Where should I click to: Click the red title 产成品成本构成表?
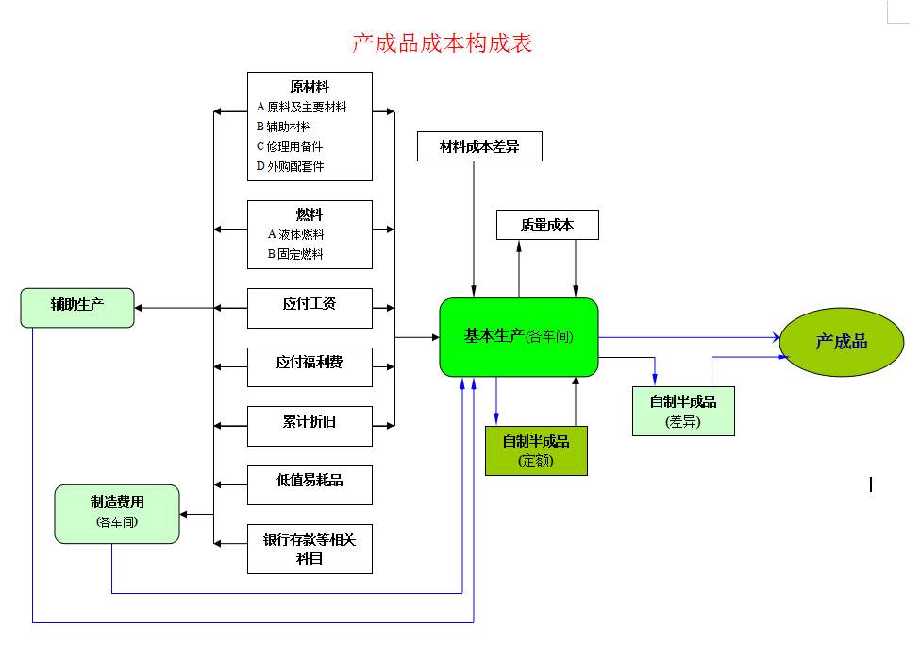coord(443,43)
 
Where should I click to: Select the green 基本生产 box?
coord(519,337)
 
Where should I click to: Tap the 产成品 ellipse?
coord(841,342)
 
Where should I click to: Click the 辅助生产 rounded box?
coord(77,307)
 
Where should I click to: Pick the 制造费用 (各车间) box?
coord(117,513)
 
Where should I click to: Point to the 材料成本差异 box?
coord(479,146)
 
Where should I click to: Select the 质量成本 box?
coord(547,225)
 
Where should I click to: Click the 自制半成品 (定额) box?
coord(536,450)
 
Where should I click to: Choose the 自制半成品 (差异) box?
coord(683,411)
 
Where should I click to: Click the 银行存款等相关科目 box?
coord(310,549)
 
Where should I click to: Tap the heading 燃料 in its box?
coord(310,214)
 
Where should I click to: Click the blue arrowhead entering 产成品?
coord(775,337)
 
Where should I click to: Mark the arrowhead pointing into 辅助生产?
coord(139,308)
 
